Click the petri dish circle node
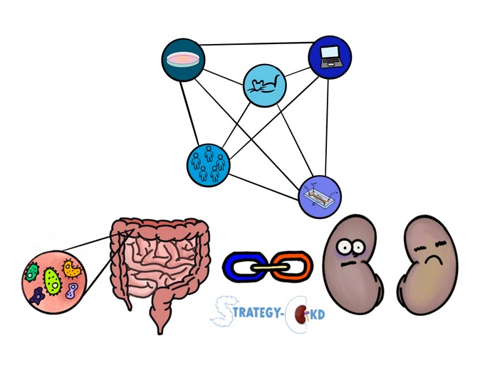tap(184, 60)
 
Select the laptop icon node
tap(330, 57)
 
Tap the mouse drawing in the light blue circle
tap(265, 85)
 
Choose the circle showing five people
tap(209, 166)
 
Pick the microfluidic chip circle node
tap(320, 196)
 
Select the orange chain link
tap(292, 266)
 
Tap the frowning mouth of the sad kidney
tap(432, 260)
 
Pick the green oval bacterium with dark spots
tap(52, 282)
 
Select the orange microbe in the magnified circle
tap(73, 269)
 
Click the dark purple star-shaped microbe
tap(38, 296)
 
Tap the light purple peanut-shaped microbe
tap(72, 290)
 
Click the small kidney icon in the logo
tap(302, 314)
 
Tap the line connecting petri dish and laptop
tap(256, 43)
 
